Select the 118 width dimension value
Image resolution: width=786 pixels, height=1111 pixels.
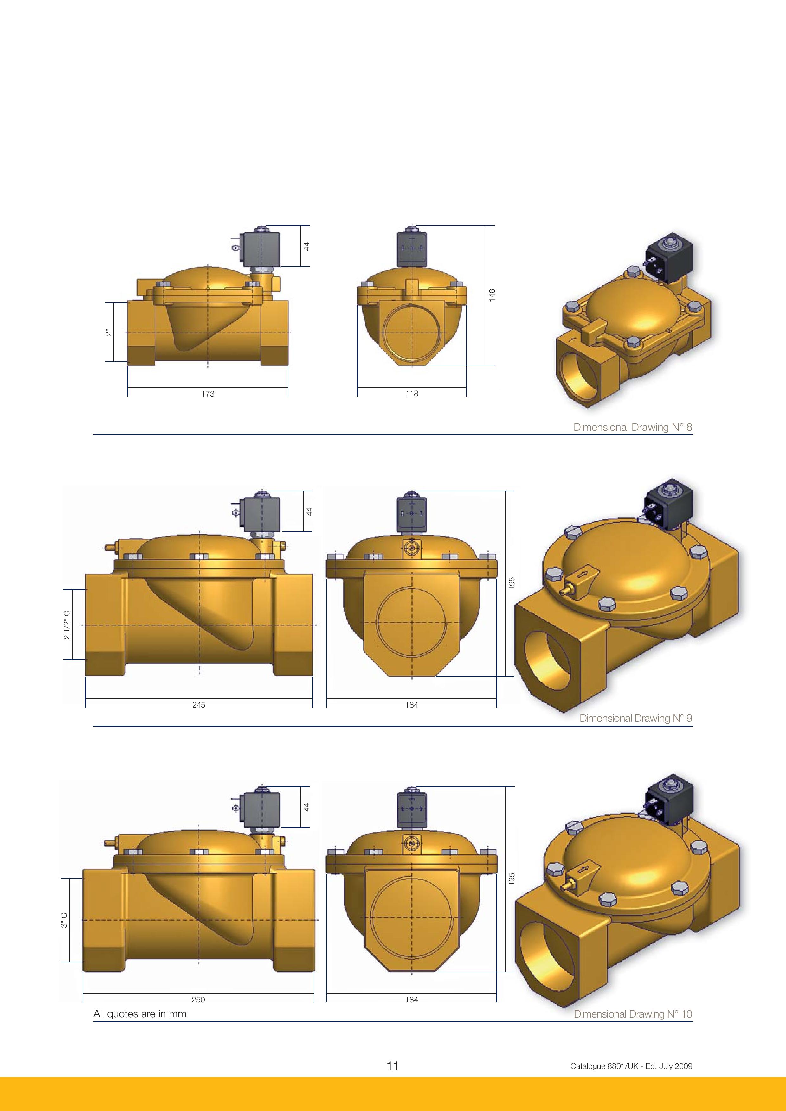click(412, 393)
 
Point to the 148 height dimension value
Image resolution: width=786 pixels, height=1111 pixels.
click(492, 295)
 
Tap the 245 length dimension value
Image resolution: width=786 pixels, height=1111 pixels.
click(198, 705)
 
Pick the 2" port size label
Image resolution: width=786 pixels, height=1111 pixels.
click(109, 333)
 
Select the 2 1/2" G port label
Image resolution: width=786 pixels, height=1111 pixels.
click(67, 625)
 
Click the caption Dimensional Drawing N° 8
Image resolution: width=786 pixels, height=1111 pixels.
click(633, 427)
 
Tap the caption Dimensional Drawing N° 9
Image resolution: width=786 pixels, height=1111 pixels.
click(635, 718)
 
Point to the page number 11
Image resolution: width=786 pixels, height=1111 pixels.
click(393, 1065)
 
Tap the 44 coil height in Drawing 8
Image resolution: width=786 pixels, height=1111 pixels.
click(306, 246)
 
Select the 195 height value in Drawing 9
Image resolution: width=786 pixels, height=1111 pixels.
click(512, 583)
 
